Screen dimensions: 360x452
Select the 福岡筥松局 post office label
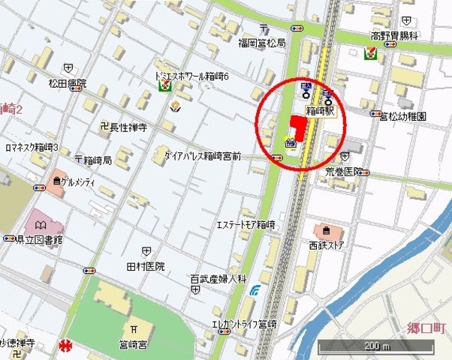(261, 43)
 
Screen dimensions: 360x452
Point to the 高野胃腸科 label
(393, 36)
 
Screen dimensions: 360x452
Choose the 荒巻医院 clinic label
(345, 170)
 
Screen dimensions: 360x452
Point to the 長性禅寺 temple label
(128, 128)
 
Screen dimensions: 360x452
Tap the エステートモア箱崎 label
(246, 225)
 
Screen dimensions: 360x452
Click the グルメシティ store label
(82, 181)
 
